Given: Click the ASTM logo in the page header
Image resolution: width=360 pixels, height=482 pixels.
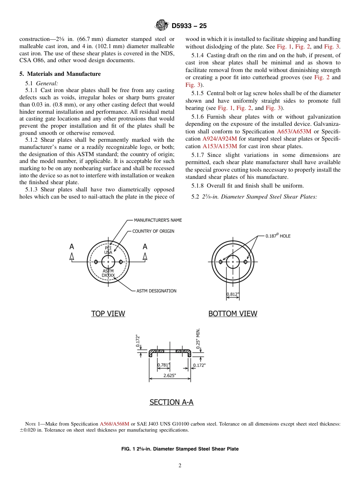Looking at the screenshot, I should click(162, 25).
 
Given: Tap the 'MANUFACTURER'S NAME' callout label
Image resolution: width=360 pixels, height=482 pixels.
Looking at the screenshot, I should click(158, 220).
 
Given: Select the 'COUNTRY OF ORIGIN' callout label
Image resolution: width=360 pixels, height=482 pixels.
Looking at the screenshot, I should click(153, 231).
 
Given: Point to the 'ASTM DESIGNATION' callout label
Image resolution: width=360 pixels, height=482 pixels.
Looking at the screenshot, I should click(156, 291).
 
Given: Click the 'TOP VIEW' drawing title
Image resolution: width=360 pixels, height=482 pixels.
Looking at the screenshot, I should click(108, 314).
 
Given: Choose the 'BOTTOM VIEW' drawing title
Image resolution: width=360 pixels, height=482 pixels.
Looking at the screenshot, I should click(233, 314).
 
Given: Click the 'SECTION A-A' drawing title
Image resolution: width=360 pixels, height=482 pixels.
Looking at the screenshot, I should click(171, 402).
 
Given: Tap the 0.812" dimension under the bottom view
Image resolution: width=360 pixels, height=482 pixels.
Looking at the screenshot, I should click(233, 294).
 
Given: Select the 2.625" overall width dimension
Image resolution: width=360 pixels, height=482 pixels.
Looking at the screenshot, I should click(169, 376).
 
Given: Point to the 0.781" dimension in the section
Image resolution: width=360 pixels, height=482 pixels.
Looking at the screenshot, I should click(163, 365).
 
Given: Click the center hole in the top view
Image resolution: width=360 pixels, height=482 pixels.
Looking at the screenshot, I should click(108, 261).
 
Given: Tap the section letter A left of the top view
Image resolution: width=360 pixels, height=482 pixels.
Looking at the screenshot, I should click(72, 247).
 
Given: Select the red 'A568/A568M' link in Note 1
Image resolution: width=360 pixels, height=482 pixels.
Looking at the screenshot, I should click(114, 424).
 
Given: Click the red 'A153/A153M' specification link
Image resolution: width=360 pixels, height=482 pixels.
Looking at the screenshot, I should click(219, 146).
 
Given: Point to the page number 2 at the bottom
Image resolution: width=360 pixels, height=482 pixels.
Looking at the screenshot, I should click(180, 466).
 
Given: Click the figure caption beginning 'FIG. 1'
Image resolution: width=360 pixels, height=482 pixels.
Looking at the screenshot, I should click(180, 449).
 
